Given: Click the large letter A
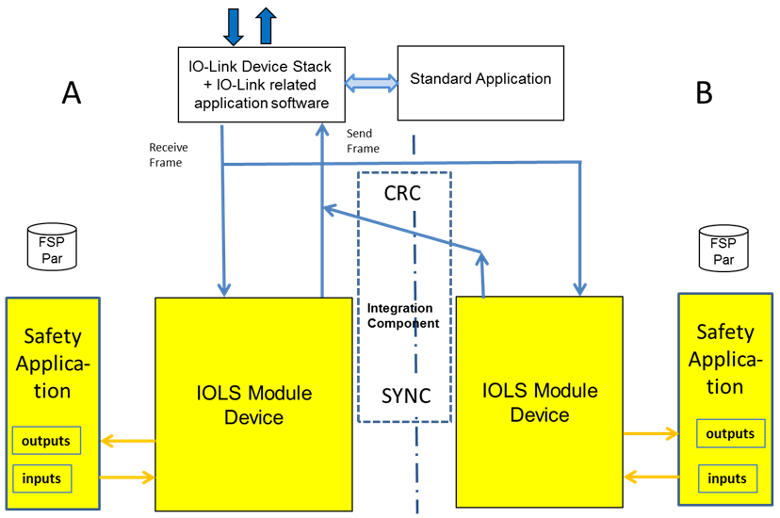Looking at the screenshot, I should tap(72, 92).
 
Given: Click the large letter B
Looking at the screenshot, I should tap(704, 92).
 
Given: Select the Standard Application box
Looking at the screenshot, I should tap(480, 83).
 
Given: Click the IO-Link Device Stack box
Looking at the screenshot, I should tap(261, 83).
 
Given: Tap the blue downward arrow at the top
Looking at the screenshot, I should tap(234, 25).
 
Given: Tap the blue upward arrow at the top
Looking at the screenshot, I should tap(266, 25).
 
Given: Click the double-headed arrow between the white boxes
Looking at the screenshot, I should tap(371, 83).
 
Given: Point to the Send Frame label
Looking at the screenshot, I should tap(363, 140).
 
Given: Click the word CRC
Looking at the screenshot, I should tap(403, 194).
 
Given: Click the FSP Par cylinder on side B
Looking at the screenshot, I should tap(723, 247).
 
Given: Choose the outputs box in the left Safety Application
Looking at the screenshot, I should tap(46, 440).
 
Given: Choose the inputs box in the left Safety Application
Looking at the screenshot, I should tap(41, 478).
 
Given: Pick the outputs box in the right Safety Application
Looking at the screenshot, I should tap(730, 434).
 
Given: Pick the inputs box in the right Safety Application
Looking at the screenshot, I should tap(727, 478).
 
